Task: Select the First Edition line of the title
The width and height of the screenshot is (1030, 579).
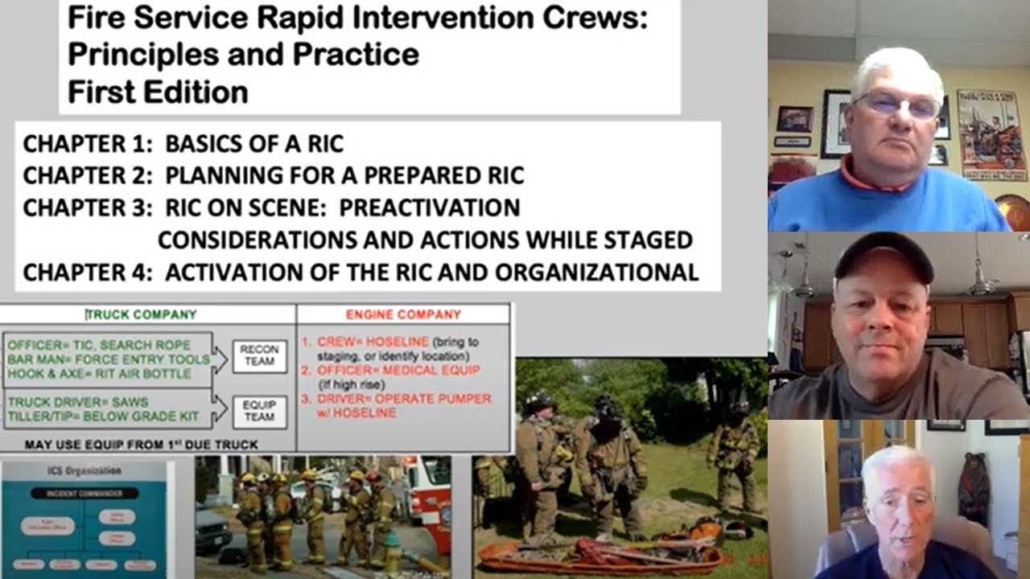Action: [158, 92]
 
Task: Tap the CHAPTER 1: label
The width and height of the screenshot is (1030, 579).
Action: [87, 144]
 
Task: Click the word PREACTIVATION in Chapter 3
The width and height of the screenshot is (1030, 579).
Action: [429, 207]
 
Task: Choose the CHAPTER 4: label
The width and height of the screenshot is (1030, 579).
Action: [87, 273]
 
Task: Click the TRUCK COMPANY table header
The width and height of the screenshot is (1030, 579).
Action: [142, 314]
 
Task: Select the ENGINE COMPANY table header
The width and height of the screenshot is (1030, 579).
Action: [403, 314]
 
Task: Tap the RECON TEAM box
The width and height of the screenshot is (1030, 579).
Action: [259, 355]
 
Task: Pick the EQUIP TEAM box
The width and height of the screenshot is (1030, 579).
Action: [259, 411]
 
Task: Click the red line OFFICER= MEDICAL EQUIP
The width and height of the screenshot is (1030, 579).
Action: [398, 370]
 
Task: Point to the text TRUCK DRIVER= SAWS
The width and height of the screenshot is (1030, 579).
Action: [78, 402]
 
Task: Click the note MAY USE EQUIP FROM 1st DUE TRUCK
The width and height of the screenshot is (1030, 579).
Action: [142, 444]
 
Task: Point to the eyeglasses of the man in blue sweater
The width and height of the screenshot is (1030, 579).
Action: [897, 105]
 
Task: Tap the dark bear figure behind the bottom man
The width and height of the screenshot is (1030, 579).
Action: [974, 486]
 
